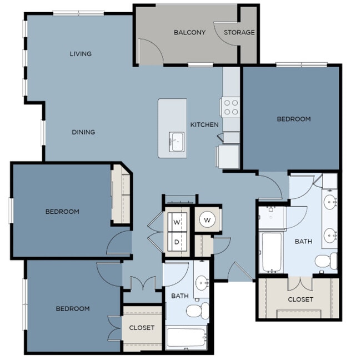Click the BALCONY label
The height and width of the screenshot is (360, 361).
coord(189,32)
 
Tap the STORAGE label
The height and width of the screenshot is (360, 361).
coord(239,32)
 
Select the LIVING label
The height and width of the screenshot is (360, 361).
coord(81,54)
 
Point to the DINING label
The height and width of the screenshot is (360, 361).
coord(83,132)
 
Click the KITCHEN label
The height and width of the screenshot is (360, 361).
coord(204,125)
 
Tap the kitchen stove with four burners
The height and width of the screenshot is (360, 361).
coord(230,107)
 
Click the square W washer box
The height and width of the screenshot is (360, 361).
coord(177,222)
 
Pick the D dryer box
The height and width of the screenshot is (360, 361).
coord(177,242)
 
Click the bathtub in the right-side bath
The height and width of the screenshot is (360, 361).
coord(272,252)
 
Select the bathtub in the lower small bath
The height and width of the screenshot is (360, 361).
coord(186,338)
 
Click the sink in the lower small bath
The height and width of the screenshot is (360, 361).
coord(203,282)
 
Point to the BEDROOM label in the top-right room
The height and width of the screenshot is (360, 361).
coord(294,119)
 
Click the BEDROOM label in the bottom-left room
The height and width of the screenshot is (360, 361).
coord(72,309)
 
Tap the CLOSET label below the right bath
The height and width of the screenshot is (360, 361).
coord(300,299)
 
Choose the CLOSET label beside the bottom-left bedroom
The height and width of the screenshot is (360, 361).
coord(142,328)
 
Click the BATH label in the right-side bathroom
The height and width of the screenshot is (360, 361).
coord(303,242)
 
